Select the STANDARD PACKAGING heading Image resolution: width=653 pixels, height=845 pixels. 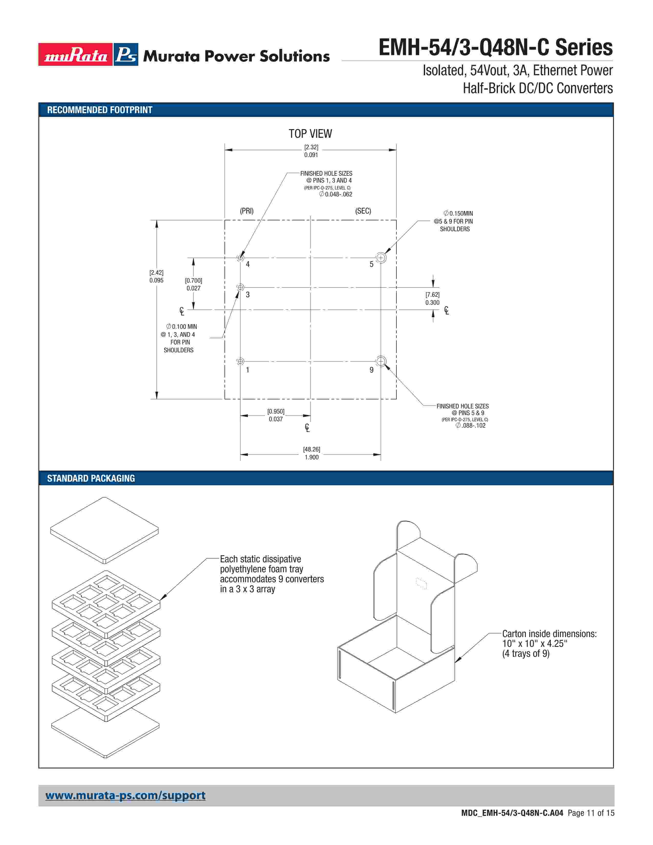[91, 479]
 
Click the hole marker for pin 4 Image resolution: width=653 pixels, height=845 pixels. [240, 258]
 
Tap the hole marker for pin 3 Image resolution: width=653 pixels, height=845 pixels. [240, 288]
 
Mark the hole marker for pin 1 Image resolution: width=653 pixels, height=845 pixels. [240, 361]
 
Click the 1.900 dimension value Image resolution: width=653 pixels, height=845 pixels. [311, 457]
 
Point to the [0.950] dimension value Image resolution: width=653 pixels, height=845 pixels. [276, 411]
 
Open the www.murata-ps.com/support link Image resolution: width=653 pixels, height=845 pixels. [125, 796]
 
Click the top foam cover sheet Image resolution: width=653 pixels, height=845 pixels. [104, 530]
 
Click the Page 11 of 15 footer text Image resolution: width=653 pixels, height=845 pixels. [591, 813]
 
